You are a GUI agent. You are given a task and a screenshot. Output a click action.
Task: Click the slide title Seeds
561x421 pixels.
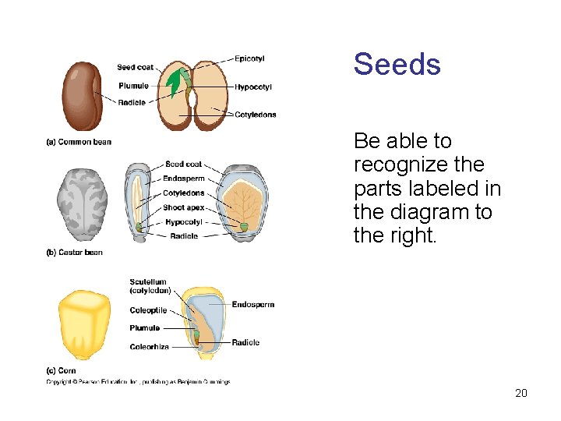click(397, 64)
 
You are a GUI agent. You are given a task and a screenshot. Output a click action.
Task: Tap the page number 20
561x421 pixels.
click(521, 393)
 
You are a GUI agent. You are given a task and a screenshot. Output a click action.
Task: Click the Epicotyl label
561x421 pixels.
click(249, 58)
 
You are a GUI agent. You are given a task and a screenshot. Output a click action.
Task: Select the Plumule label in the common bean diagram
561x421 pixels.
click(133, 86)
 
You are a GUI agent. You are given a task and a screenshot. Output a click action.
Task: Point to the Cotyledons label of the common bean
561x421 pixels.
click(256, 115)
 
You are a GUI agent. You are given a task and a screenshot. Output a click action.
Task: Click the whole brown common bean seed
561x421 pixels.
click(83, 95)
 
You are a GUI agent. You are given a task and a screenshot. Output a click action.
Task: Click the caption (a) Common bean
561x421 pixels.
click(79, 142)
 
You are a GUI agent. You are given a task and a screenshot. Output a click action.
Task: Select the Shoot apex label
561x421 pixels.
click(184, 208)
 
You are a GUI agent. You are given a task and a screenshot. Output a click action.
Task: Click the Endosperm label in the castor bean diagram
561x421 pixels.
click(184, 179)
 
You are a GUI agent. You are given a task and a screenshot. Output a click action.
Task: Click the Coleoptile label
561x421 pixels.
click(148, 310)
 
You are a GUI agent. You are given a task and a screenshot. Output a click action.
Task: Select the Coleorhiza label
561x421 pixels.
click(149, 347)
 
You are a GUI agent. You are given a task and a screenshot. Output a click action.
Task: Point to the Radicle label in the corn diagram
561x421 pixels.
click(245, 342)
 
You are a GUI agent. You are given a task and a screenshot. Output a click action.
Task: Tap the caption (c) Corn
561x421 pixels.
click(62, 370)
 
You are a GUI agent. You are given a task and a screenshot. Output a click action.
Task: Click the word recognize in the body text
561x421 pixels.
click(418, 165)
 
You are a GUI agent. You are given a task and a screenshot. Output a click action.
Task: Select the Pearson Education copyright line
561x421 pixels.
click(138, 382)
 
